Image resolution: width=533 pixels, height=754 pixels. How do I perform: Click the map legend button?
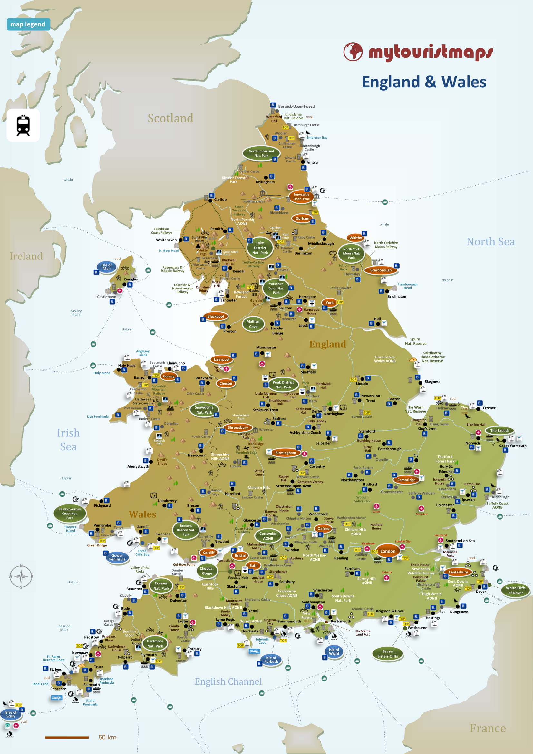tap(28, 24)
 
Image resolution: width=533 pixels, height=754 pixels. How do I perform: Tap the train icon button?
tap(23, 125)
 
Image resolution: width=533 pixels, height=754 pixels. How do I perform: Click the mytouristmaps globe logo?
tap(353, 52)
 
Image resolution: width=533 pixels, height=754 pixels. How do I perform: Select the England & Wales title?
tap(424, 82)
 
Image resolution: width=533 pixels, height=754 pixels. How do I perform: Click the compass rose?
tap(21, 577)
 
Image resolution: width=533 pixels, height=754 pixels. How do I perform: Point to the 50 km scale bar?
tap(67, 738)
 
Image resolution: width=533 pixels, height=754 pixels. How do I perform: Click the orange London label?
tap(388, 551)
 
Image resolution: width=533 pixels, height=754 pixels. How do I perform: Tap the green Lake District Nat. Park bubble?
tap(260, 248)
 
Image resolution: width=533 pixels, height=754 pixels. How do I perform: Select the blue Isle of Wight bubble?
tap(334, 651)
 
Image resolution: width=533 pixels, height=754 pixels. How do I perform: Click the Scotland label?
tap(170, 118)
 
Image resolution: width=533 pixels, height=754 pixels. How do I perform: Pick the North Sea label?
tap(490, 242)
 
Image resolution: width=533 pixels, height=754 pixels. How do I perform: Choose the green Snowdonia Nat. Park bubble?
tap(204, 410)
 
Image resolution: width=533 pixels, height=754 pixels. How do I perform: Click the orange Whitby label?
tap(355, 238)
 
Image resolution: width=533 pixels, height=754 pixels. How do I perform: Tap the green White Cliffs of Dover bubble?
tap(515, 591)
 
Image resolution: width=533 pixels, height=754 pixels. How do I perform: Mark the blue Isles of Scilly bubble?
tap(11, 714)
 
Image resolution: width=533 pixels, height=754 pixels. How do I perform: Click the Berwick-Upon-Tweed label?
tap(296, 106)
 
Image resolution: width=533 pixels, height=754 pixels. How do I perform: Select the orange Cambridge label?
tap(406, 480)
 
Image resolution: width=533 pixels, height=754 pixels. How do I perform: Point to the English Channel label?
tap(228, 682)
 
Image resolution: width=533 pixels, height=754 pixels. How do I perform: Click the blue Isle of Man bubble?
tap(106, 267)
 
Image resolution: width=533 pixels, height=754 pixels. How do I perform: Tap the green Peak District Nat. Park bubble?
tap(283, 385)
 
